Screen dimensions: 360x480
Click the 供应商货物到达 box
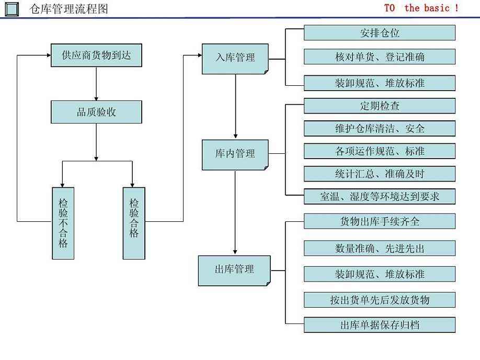pyautogui.click(x=96, y=56)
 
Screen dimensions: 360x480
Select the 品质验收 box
pyautogui.click(x=96, y=113)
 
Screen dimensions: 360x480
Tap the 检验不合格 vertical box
pyautogui.click(x=63, y=223)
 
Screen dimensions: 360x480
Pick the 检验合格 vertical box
pyautogui.click(x=134, y=223)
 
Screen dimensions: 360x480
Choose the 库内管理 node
pyautogui.click(x=235, y=154)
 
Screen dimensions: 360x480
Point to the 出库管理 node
pyautogui.click(x=234, y=270)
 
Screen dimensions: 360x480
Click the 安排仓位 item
pyautogui.click(x=380, y=33)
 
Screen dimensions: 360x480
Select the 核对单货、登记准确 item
pyautogui.click(x=380, y=57)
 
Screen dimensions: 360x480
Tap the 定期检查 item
pyautogui.click(x=380, y=106)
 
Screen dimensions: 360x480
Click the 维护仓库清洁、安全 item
pyautogui.click(x=380, y=129)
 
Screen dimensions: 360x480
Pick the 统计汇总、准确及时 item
pyautogui.click(x=380, y=174)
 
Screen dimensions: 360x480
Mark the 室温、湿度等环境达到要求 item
pyautogui.click(x=380, y=197)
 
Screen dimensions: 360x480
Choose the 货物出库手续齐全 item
pyautogui.click(x=380, y=221)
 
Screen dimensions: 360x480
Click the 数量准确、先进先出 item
pyautogui.click(x=380, y=249)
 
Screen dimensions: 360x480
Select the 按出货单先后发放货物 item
pyautogui.click(x=380, y=300)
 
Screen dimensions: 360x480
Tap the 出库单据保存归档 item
pyautogui.click(x=380, y=325)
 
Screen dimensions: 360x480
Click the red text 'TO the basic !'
pyautogui.click(x=421, y=8)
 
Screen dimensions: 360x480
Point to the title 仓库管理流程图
pyautogui.click(x=69, y=9)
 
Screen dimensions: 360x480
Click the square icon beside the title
pyautogui.click(x=12, y=9)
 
